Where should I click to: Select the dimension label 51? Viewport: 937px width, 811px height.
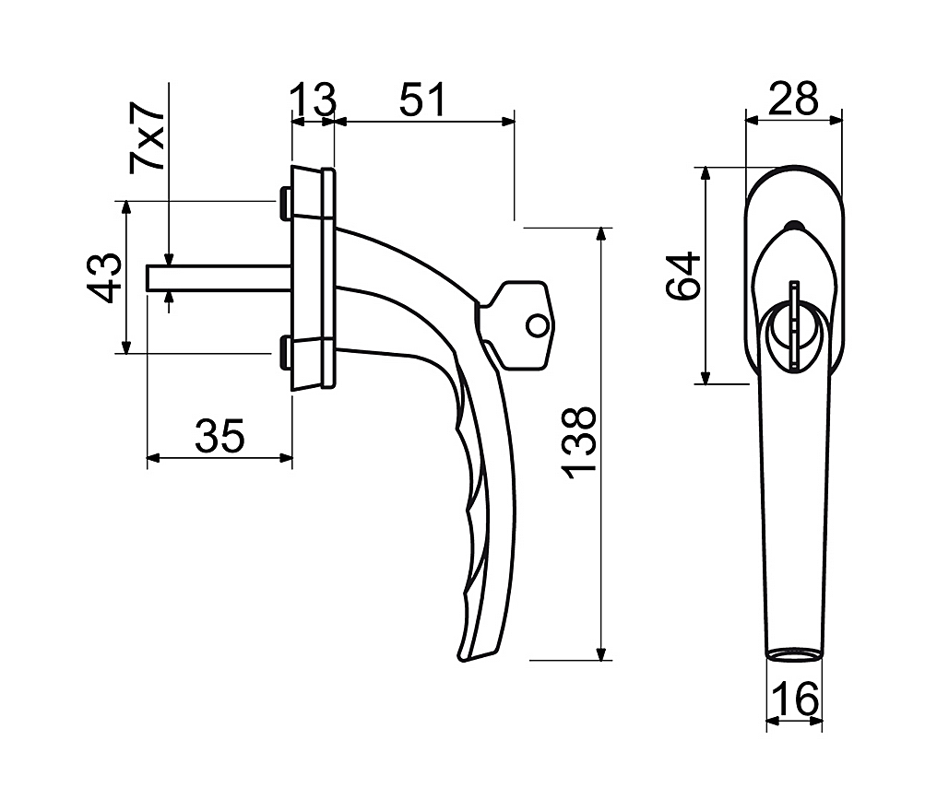[x=422, y=100]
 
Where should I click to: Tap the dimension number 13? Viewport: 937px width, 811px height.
[x=314, y=100]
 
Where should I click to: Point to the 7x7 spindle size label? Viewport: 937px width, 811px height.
[x=147, y=136]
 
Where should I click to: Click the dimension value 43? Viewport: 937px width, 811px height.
[x=104, y=277]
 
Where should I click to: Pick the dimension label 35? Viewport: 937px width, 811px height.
[x=219, y=437]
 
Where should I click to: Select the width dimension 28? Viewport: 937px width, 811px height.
[x=793, y=99]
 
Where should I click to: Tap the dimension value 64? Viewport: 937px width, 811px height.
[x=683, y=276]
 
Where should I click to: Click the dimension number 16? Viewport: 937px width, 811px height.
[x=795, y=699]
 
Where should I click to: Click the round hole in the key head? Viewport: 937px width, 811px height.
[x=537, y=326]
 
